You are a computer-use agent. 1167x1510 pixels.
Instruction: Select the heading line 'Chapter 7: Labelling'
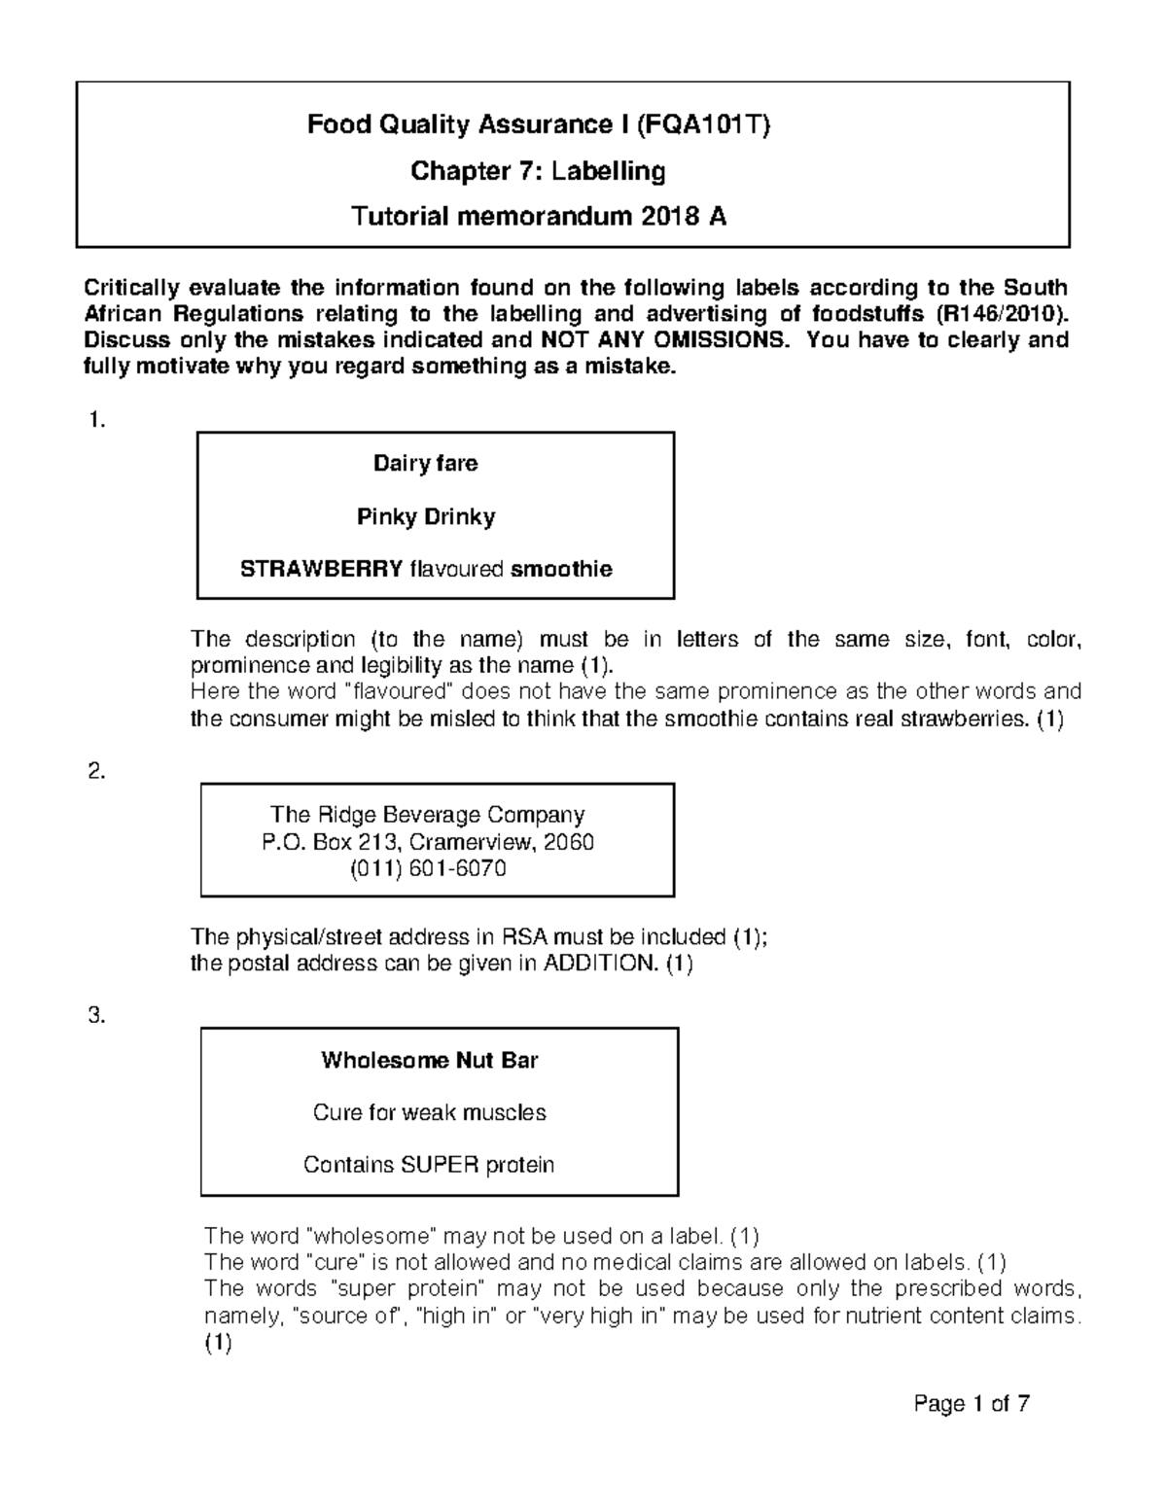coord(538,172)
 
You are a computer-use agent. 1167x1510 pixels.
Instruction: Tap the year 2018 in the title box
coord(668,217)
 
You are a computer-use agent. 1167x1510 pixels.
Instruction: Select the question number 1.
coord(94,421)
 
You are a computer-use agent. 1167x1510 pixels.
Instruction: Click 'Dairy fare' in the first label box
coord(426,463)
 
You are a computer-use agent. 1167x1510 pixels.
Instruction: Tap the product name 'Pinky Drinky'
coord(426,516)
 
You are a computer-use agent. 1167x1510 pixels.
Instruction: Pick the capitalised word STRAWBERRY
coord(321,569)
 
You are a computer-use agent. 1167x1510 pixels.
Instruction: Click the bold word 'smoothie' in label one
coord(561,569)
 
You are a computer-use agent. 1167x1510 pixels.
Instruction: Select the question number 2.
coord(95,772)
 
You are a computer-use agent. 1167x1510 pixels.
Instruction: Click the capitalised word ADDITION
coord(600,965)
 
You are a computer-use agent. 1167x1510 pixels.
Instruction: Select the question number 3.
coord(95,1016)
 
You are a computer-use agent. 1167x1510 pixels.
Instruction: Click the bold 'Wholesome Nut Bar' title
coord(429,1060)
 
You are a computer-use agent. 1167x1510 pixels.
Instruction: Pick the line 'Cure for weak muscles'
coord(429,1112)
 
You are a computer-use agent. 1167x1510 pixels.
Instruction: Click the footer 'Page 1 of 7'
coord(972,1404)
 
